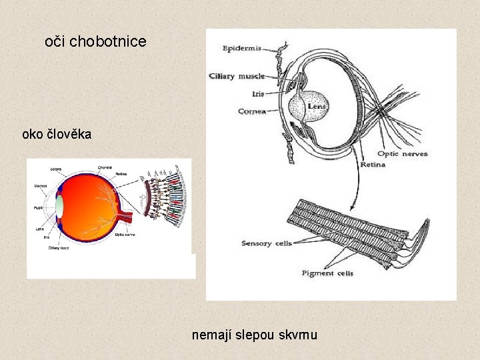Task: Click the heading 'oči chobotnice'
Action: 95,41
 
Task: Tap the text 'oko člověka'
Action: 57,134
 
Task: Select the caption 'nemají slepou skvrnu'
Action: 254,334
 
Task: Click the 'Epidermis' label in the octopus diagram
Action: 242,49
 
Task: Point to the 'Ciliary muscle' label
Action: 237,76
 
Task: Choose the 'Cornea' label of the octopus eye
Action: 252,111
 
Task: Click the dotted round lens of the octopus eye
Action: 309,106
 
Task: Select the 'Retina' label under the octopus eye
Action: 373,164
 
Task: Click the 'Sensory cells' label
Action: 267,243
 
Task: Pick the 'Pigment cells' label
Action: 327,273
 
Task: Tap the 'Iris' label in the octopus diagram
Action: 258,94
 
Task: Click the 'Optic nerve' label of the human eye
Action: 125,234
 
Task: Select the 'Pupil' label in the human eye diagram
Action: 38,207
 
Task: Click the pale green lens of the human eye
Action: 59,205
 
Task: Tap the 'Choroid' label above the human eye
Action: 105,167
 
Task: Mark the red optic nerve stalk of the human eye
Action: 126,217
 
